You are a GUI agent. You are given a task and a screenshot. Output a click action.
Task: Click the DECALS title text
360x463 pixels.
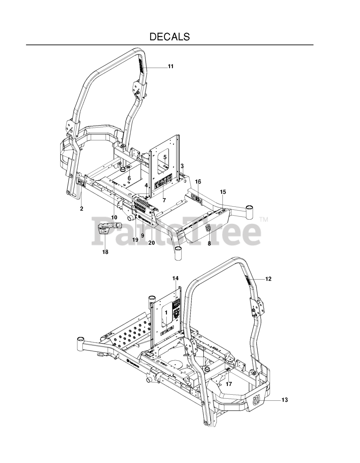[x=170, y=37]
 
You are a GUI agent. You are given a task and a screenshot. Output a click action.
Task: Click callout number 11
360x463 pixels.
[x=171, y=66]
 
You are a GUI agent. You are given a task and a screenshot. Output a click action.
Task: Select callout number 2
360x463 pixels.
[x=82, y=209]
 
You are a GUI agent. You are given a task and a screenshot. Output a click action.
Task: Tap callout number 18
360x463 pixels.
[x=105, y=252]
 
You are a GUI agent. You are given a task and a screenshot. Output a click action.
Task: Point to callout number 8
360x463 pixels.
[x=209, y=243]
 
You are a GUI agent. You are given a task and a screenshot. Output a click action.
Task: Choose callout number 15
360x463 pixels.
[x=223, y=191]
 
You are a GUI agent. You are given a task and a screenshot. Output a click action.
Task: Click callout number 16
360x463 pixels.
[x=198, y=182]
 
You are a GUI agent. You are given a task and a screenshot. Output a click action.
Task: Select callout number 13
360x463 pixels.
[x=284, y=400]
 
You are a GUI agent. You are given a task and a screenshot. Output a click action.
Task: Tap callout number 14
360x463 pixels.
[x=175, y=278]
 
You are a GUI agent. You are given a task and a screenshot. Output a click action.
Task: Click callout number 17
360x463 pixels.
[x=229, y=384]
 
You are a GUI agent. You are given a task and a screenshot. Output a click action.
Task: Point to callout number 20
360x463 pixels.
[x=151, y=243]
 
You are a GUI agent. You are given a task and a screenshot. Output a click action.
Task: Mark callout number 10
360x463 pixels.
[x=114, y=217]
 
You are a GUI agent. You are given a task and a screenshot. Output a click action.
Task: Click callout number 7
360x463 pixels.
[x=164, y=200]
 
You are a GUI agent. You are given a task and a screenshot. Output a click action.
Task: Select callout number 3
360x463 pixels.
[x=182, y=166]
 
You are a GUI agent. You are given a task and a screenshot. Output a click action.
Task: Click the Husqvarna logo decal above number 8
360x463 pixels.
[x=209, y=228]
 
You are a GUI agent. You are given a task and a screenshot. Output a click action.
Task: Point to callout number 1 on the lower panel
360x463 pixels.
[x=166, y=311]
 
